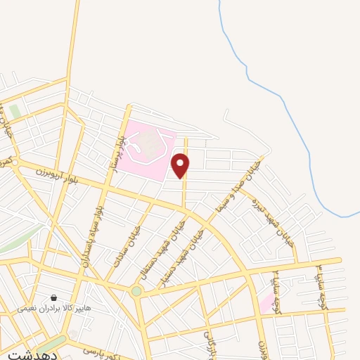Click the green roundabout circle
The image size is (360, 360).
coord(136,290)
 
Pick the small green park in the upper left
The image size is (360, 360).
coord(15,112)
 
